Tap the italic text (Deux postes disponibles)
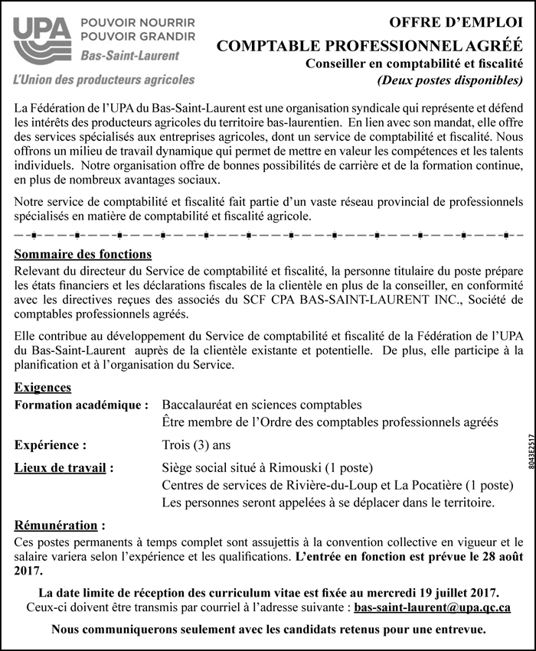pyautogui.click(x=449, y=79)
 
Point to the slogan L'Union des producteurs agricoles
pyautogui.click(x=104, y=80)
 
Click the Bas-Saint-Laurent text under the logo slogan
pyautogui.click(x=130, y=56)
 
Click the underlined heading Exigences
pyautogui.click(x=43, y=388)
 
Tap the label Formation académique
pyautogui.click(x=80, y=404)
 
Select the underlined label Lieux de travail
pyautogui.click(x=64, y=467)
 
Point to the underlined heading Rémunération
pyautogui.click(x=58, y=526)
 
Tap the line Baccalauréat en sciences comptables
pyautogui.click(x=262, y=404)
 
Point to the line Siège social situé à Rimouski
pyautogui.click(x=256, y=467)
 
